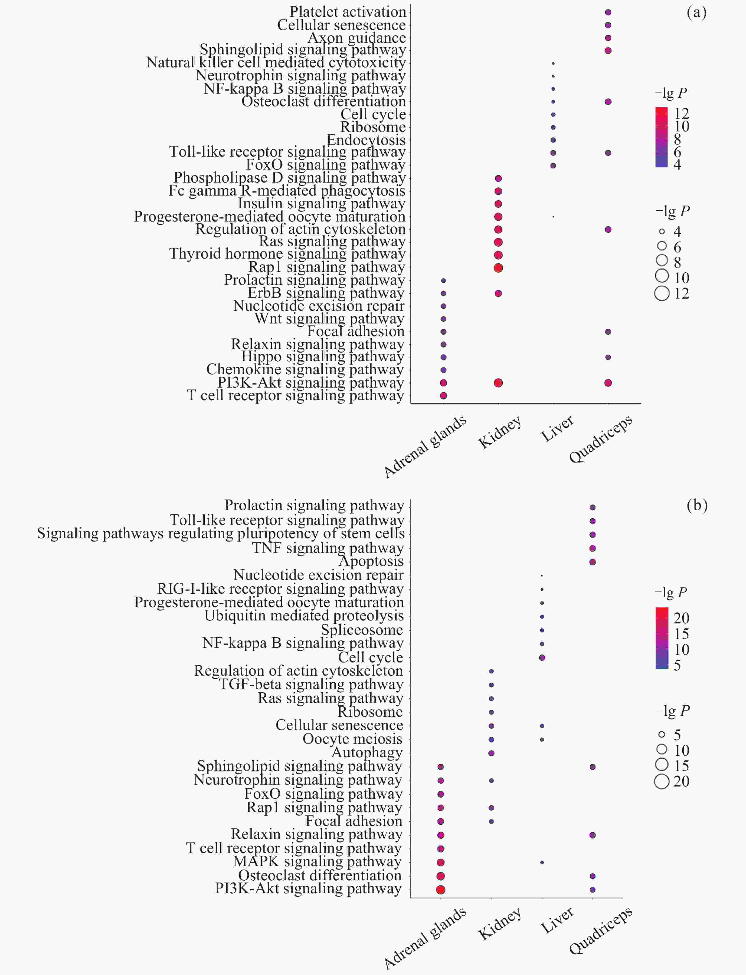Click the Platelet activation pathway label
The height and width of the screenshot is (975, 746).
click(347, 12)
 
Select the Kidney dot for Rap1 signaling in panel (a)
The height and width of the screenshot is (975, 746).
click(498, 268)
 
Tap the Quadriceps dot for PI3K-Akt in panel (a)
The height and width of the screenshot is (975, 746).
click(608, 383)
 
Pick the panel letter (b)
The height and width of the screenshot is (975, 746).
click(697, 505)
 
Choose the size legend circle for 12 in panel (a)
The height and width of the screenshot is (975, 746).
click(662, 293)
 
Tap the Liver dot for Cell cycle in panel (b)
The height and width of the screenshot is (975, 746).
click(542, 657)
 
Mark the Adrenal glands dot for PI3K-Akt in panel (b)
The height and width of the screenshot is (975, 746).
click(440, 889)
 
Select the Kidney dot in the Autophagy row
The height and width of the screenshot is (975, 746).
click(491, 753)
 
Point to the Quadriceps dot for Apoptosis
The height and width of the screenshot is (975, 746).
click(592, 562)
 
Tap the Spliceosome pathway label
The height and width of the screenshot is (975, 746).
click(362, 630)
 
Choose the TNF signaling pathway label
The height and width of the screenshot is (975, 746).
click(328, 548)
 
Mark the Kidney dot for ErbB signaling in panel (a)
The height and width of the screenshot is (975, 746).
click(498, 293)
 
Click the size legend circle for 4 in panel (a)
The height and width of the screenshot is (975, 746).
click(662, 231)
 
